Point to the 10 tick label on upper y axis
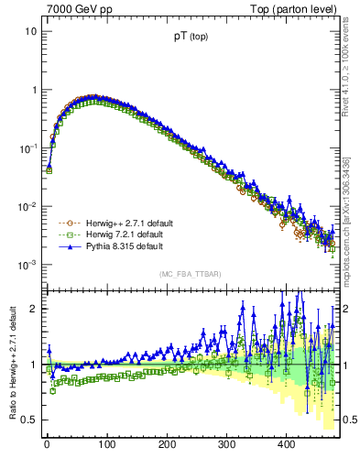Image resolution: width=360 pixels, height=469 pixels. [30, 32]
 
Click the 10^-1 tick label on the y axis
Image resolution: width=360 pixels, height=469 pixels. [27, 147]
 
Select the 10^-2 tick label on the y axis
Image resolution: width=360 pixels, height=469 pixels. [27, 206]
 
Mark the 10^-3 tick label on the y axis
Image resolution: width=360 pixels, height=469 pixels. [27, 265]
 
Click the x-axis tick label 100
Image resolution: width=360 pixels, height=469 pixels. [106, 444]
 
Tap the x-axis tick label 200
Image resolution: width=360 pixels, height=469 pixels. [166, 444]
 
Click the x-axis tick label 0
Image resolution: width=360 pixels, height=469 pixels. [47, 444]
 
